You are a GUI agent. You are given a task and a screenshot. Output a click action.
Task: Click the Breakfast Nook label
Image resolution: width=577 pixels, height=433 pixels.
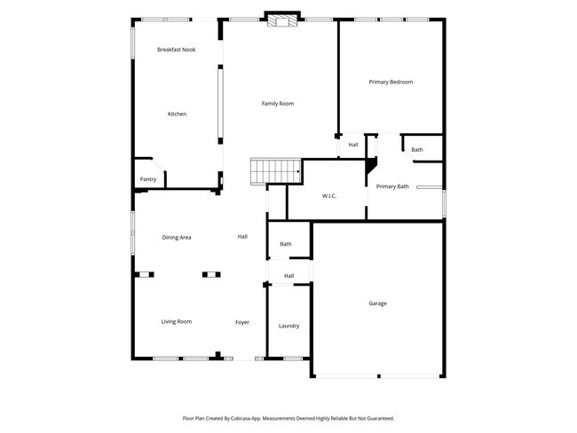(176, 50)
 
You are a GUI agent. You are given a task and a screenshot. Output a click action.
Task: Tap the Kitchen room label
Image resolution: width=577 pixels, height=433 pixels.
(178, 114)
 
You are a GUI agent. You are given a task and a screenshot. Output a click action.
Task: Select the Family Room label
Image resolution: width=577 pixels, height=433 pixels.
(277, 104)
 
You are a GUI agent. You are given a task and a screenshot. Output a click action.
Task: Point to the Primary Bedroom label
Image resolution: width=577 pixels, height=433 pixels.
(391, 82)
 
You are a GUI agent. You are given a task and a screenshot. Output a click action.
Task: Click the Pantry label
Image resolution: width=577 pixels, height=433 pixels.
(148, 179)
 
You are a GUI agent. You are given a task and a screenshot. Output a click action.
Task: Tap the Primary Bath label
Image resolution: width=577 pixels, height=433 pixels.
(392, 186)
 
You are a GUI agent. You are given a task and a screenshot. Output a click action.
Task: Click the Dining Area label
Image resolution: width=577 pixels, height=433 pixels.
(177, 237)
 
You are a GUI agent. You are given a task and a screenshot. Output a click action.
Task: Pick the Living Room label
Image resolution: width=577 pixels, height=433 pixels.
(176, 321)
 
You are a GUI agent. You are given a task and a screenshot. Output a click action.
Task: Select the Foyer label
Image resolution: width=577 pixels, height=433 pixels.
(242, 321)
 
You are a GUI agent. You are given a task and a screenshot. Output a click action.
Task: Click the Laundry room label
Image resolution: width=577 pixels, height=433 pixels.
(288, 326)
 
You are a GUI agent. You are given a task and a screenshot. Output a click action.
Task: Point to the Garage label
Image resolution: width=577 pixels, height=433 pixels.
(377, 303)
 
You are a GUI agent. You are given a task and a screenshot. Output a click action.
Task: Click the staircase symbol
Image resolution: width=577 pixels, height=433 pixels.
(275, 169)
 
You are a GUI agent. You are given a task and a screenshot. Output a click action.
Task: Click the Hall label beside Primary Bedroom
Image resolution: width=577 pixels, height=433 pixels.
(353, 145)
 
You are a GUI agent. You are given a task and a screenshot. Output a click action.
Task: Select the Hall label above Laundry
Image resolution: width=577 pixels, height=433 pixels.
(288, 276)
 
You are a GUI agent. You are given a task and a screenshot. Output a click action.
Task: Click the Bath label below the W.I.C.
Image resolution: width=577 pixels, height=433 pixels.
(286, 244)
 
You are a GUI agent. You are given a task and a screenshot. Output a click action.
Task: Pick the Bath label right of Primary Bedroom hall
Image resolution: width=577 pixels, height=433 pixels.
(417, 149)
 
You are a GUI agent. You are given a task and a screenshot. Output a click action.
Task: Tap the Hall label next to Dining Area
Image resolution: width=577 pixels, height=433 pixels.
(242, 237)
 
